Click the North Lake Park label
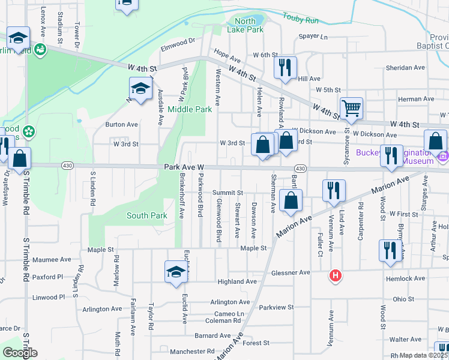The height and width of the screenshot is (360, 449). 246,25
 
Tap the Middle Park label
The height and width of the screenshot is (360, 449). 190,109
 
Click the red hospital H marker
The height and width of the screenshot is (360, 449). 335,275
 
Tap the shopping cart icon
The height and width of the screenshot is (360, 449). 351,108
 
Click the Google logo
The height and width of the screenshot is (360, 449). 19,353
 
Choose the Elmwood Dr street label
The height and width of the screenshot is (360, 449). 178,41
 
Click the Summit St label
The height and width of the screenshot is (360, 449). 227,193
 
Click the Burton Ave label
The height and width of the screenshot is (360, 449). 121,125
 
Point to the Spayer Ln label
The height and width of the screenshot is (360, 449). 314,37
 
